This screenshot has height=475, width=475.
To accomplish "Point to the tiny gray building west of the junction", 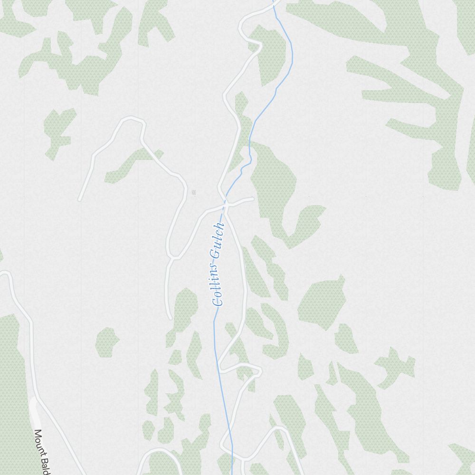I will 194,192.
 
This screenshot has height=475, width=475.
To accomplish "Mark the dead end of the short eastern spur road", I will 252,199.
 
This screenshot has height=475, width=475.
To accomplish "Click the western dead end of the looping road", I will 79,199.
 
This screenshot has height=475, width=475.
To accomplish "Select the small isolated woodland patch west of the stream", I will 106,342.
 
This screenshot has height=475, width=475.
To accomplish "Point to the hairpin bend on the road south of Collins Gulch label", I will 259,371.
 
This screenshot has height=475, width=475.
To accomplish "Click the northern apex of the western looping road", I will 131,118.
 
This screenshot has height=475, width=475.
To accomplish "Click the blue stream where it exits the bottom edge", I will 232,473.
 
